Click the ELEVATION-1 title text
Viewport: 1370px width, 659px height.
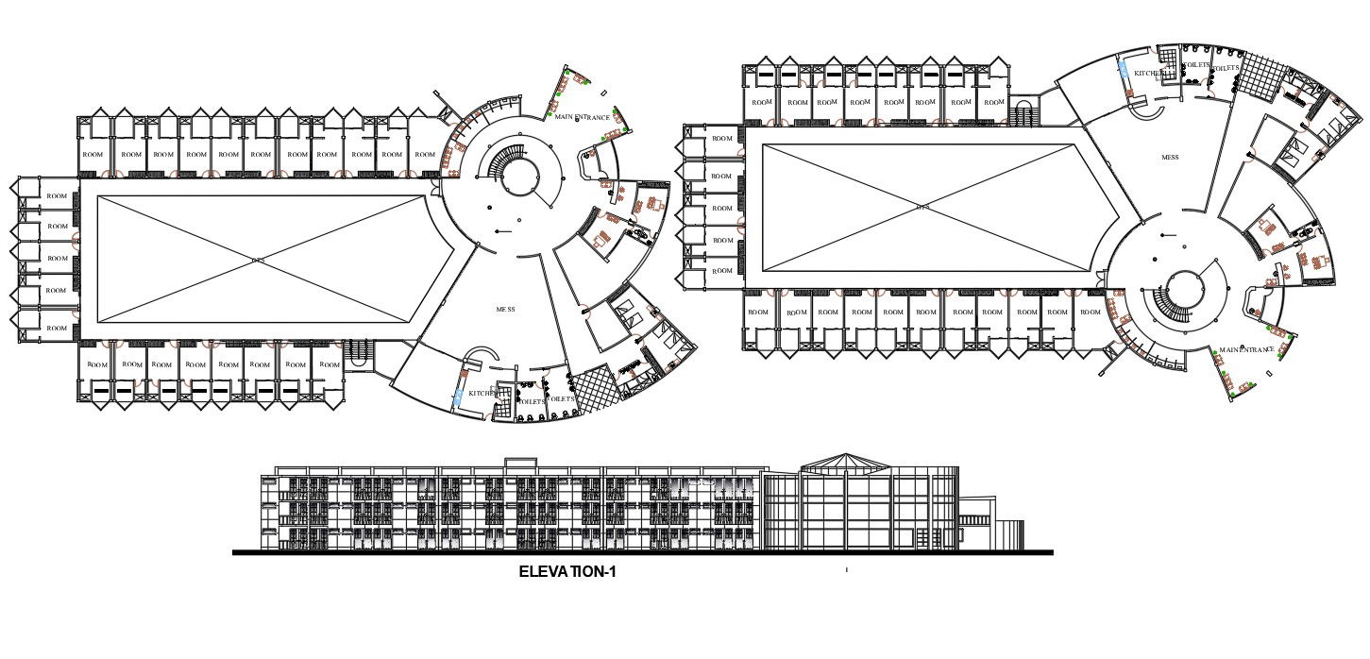[x=567, y=571]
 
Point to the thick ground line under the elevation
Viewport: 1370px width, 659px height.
[x=642, y=553]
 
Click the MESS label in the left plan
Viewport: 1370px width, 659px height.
[x=506, y=309]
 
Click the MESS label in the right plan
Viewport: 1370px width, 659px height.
[x=1170, y=158]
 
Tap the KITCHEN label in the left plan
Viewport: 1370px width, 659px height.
[x=482, y=393]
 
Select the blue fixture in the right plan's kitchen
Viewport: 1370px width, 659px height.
[x=1124, y=69]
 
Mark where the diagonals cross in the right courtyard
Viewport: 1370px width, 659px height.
[x=920, y=206]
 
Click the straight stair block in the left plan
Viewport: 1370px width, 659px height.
[x=357, y=351]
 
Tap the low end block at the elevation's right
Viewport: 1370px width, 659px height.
[x=1011, y=533]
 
